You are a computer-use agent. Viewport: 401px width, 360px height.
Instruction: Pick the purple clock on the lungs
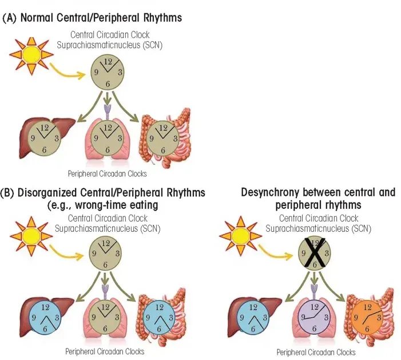313,317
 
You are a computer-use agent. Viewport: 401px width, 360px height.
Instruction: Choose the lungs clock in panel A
106,137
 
